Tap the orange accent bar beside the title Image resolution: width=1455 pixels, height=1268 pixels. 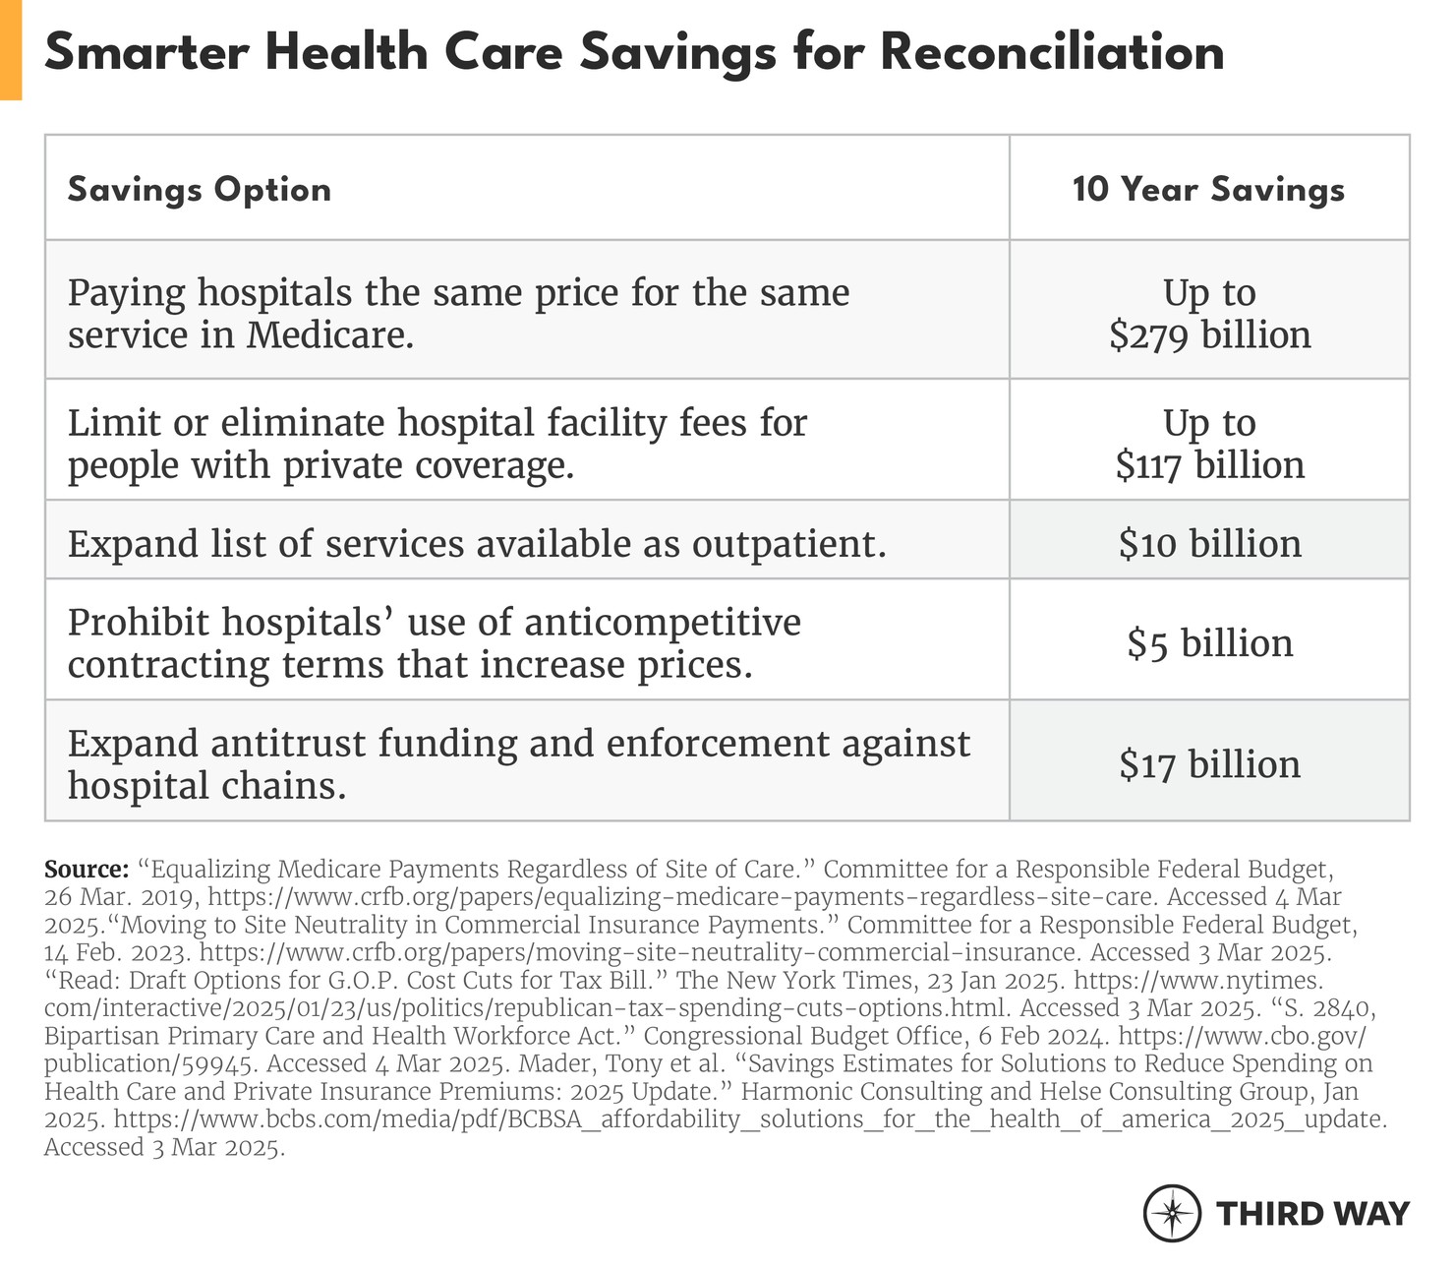pos(11,49)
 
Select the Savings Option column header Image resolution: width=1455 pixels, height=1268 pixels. pos(200,189)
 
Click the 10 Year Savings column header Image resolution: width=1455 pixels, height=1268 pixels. pos(1208,189)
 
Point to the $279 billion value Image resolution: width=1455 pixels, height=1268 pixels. pos(1209,335)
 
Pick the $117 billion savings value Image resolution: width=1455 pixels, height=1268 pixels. pos(1209,464)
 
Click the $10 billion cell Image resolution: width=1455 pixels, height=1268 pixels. pos(1209,543)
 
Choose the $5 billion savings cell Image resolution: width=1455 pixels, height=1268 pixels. pos(1209,643)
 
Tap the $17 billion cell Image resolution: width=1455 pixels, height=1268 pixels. pos(1209,764)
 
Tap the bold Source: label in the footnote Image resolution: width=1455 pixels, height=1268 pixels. pos(87,870)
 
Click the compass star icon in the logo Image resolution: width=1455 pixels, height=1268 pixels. pos(1172,1213)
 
